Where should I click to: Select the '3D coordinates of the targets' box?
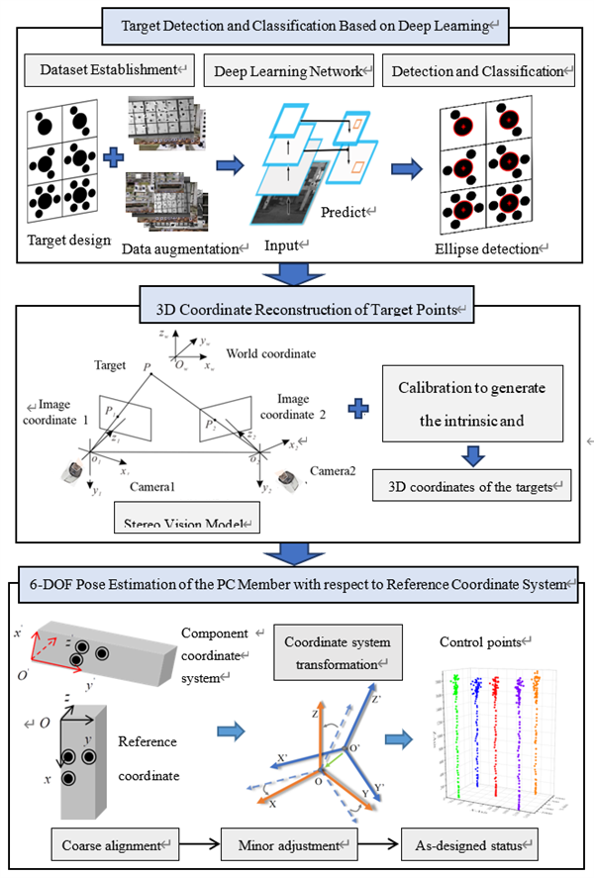(472, 486)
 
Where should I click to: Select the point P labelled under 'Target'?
(146, 367)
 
